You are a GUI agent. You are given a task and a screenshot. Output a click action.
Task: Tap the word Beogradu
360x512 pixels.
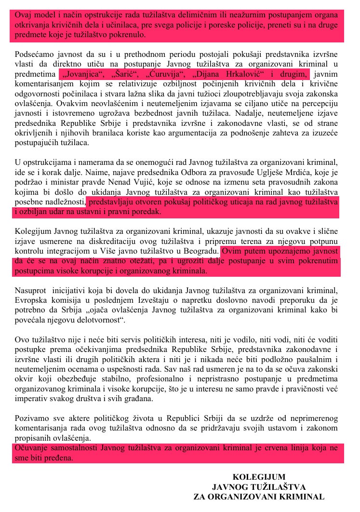[x=201, y=252]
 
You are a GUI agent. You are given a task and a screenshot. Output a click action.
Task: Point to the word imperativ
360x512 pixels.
[x=34, y=399]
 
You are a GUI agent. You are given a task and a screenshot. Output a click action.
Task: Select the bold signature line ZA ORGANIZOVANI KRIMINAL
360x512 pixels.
[x=259, y=497]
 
